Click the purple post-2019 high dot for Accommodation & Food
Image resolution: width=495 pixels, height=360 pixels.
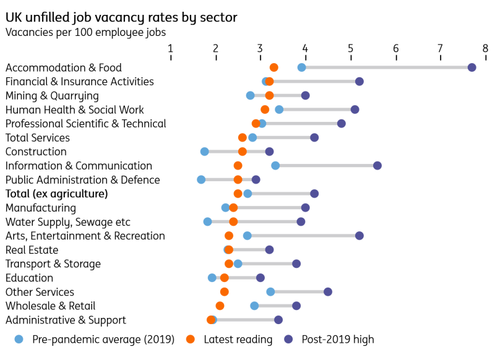coord(471,67)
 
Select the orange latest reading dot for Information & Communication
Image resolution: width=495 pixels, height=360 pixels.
coord(238,166)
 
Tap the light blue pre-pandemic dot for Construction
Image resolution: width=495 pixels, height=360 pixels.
coord(205,152)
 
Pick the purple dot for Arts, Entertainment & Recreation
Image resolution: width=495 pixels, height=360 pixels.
coord(359,236)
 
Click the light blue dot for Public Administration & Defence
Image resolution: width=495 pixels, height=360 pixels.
coord(201,179)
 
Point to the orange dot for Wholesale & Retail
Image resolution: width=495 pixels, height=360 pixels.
coord(220,306)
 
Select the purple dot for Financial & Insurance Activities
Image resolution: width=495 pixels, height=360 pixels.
coord(359,82)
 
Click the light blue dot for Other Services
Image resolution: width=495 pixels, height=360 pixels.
coord(270,292)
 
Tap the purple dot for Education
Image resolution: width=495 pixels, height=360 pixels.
coord(260,278)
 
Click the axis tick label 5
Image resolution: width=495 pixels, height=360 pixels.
coord(350,48)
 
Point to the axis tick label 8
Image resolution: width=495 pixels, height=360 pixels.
coord(486,48)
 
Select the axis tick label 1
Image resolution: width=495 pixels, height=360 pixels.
coord(171,48)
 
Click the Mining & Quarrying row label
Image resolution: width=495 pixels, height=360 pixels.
coord(52,96)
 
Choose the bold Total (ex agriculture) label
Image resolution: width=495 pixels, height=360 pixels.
coord(56,194)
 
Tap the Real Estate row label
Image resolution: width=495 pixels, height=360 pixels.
coord(32,250)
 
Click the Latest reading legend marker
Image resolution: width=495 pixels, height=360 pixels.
coord(191,339)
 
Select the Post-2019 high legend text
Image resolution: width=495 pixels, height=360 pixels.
coord(338,339)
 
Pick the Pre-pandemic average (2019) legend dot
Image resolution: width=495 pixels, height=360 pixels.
coord(19,339)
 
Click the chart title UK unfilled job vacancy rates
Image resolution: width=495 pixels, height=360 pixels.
coord(121,17)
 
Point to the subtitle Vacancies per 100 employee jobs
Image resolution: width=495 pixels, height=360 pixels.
coord(85,32)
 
